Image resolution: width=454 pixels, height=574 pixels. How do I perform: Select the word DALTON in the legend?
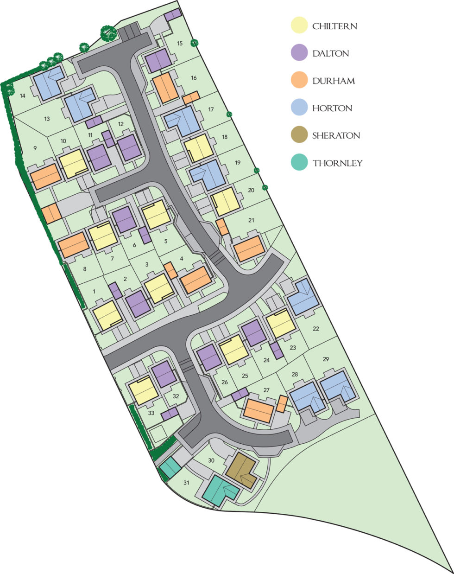click(x=330, y=53)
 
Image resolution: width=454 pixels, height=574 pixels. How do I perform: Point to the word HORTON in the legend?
click(x=332, y=108)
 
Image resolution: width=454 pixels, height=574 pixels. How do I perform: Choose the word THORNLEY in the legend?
click(x=337, y=163)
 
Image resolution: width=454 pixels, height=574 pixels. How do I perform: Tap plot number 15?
click(x=180, y=44)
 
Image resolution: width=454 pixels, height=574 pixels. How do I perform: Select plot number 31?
click(x=186, y=483)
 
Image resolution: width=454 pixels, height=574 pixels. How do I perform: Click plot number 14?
click(x=22, y=96)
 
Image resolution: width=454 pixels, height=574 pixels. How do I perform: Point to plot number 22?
click(x=316, y=329)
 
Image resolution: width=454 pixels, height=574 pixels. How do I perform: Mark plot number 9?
click(x=35, y=148)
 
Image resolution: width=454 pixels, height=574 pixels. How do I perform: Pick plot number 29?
click(x=326, y=359)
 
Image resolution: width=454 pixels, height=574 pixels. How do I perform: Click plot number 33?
click(x=151, y=413)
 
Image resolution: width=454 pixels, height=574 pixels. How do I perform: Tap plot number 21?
click(x=251, y=220)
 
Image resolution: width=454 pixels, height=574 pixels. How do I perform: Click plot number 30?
click(x=211, y=460)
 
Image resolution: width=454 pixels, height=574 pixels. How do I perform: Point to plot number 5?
click(x=165, y=241)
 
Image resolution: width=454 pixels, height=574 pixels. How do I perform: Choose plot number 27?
click(x=266, y=390)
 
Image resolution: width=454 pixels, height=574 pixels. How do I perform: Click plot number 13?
click(x=47, y=119)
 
